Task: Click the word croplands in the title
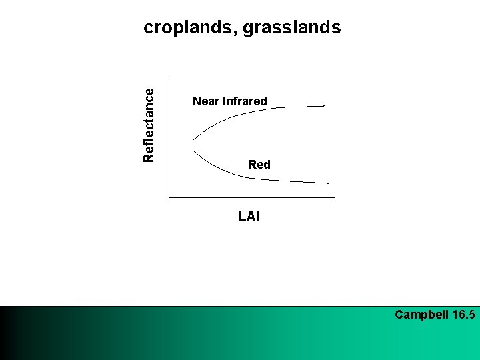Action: (x=189, y=28)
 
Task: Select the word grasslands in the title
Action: (x=292, y=28)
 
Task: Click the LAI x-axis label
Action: (x=249, y=216)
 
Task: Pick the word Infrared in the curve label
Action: (x=245, y=101)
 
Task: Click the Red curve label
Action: (x=259, y=165)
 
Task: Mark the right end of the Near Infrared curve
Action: (x=324, y=105)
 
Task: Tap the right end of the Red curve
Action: (x=328, y=183)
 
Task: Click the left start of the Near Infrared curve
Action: (x=193, y=140)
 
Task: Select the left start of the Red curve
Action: (x=193, y=151)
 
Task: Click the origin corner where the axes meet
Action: (x=169, y=197)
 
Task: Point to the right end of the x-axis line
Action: (x=335, y=197)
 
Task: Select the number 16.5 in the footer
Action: (x=463, y=315)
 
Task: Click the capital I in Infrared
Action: (x=224, y=101)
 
